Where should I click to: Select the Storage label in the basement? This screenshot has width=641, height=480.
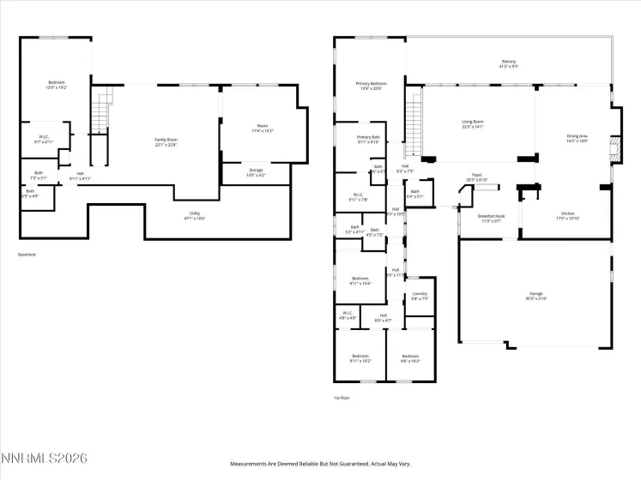click(x=256, y=172)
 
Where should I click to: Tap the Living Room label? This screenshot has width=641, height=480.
click(x=473, y=123)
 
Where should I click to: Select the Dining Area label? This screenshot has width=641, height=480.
click(x=577, y=138)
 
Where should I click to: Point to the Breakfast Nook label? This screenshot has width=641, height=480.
click(x=491, y=218)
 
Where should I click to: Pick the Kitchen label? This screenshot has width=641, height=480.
click(x=567, y=215)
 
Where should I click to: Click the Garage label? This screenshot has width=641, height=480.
click(x=535, y=295)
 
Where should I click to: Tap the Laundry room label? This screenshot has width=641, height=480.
click(x=420, y=297)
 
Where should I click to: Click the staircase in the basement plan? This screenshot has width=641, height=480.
click(x=102, y=116)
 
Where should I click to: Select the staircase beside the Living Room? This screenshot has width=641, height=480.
click(x=415, y=121)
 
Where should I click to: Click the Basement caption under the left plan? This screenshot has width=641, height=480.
click(x=27, y=255)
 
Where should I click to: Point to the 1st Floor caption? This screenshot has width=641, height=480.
click(x=342, y=398)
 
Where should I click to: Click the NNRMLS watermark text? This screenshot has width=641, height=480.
click(x=45, y=460)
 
